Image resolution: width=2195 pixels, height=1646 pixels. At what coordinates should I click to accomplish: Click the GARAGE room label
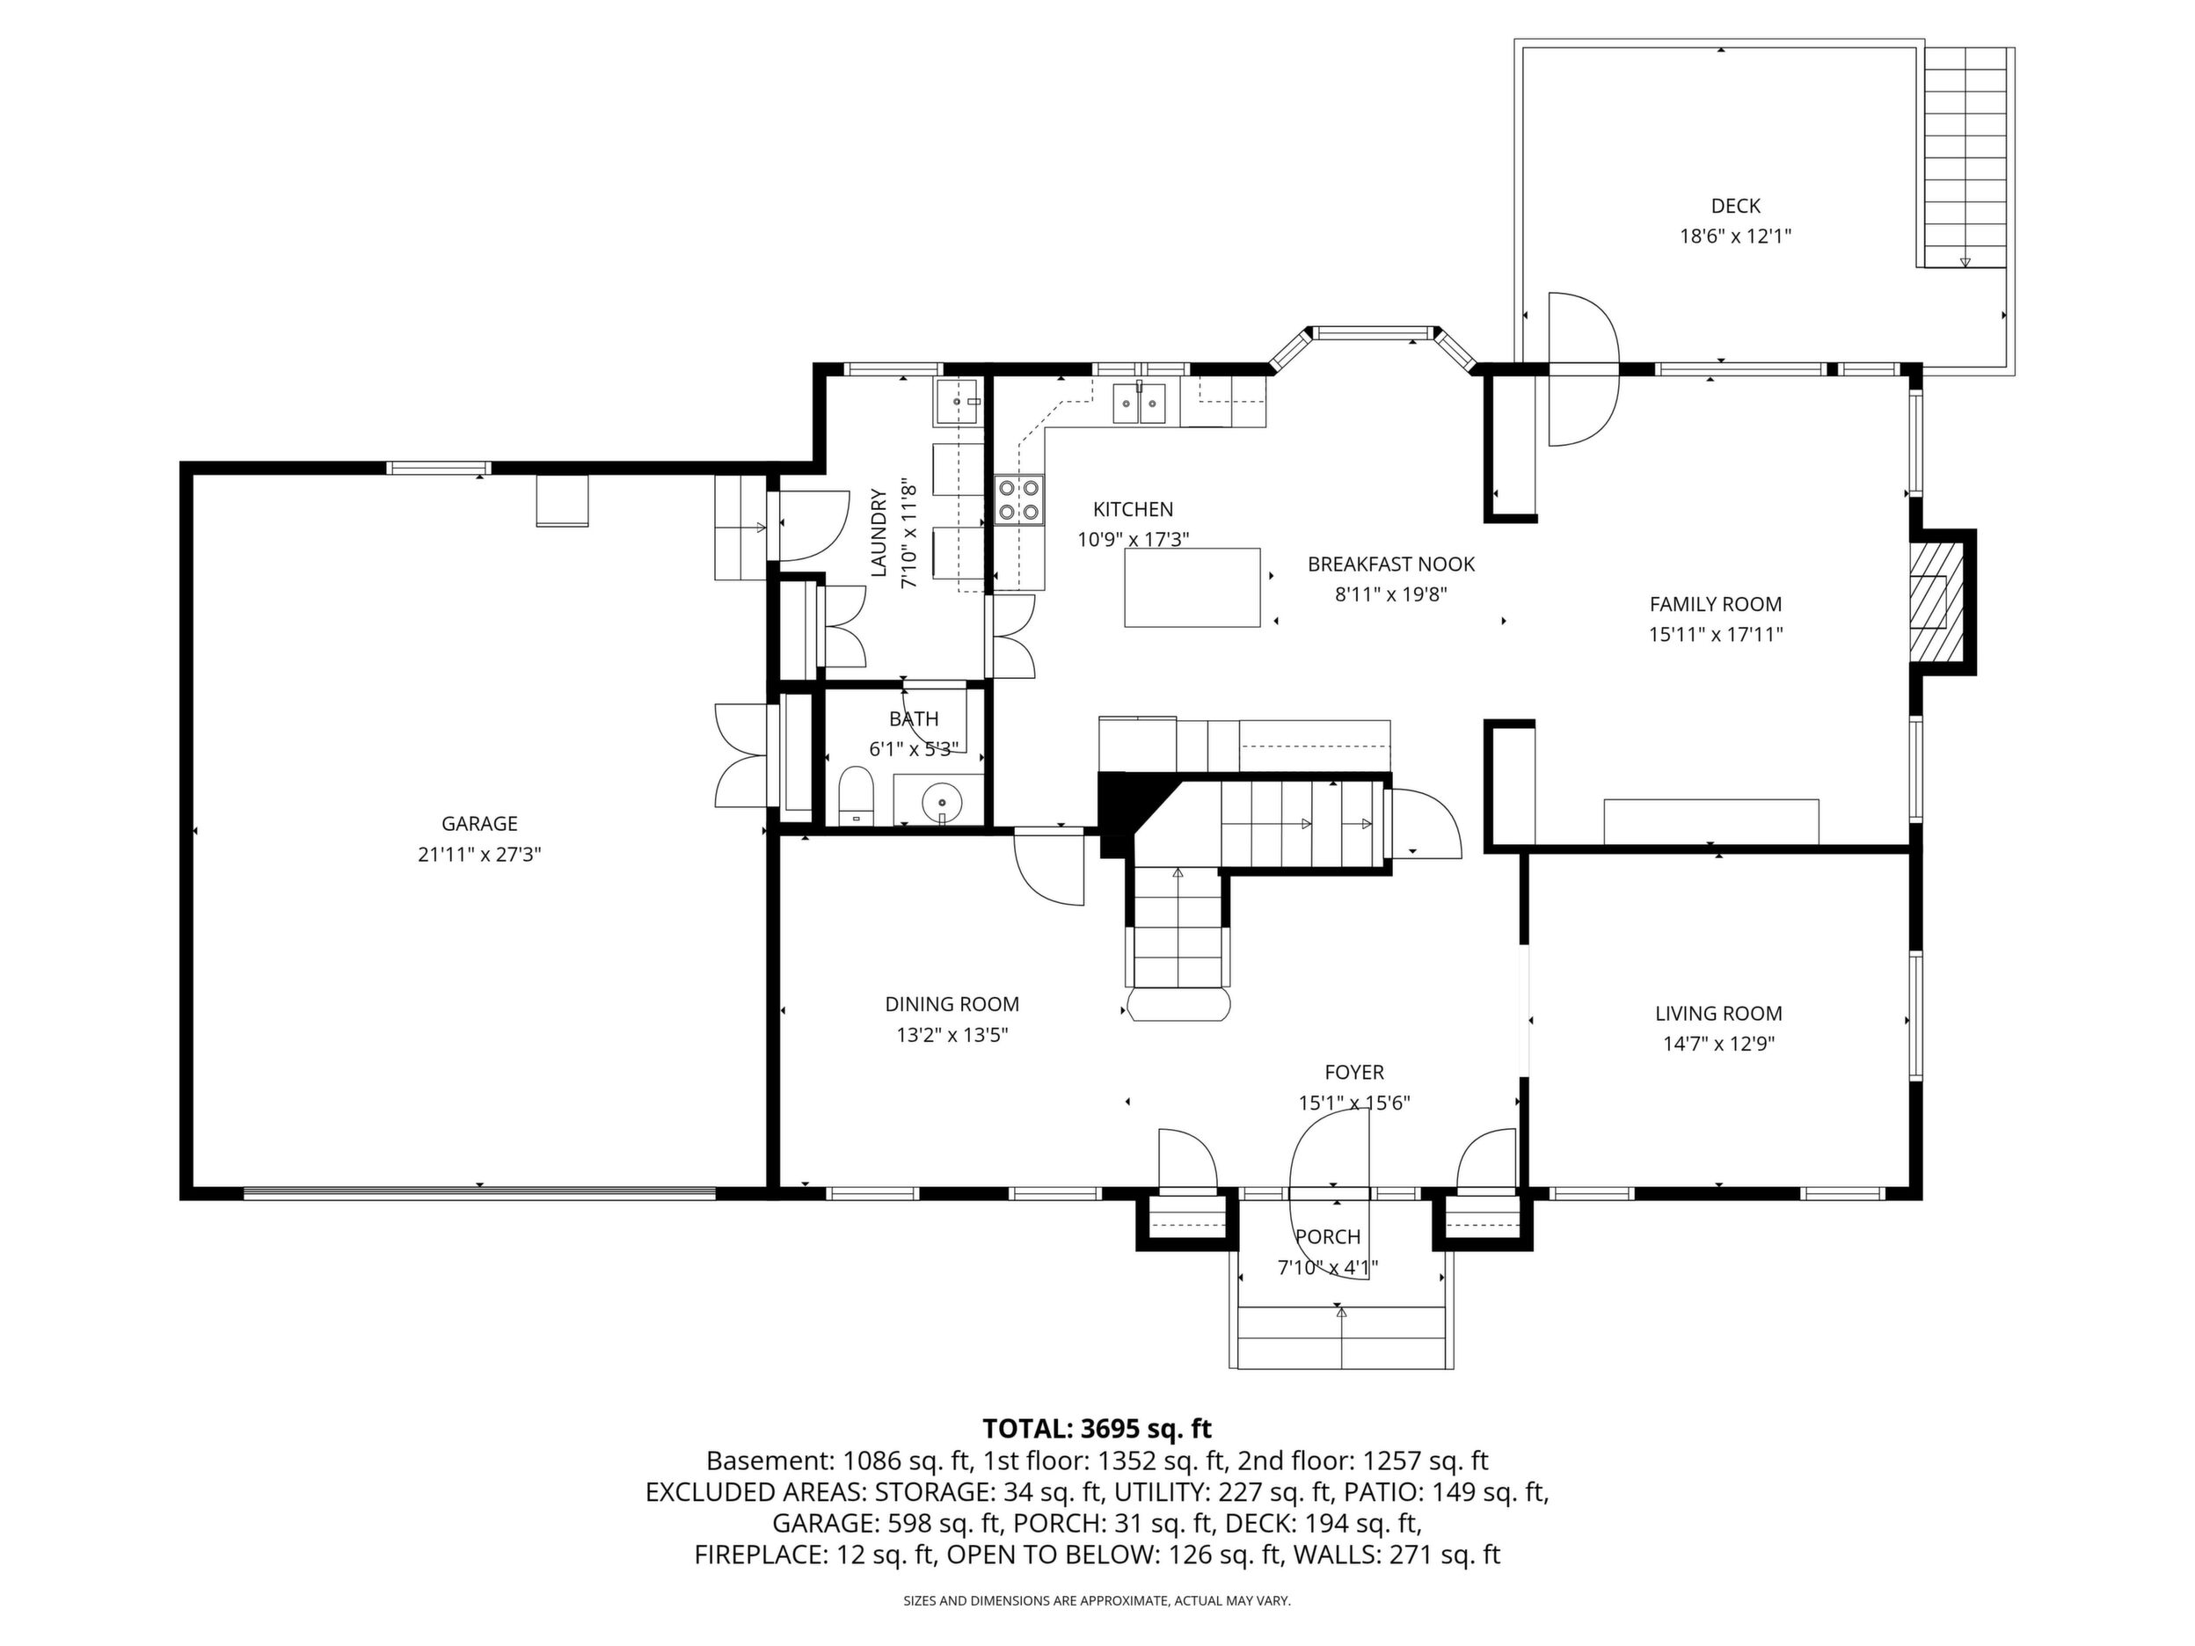coord(479,824)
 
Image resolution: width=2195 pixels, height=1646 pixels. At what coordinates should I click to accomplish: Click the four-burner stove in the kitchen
coord(1019,500)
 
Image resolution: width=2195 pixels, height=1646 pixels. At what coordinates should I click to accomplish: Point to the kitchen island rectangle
coord(1192,587)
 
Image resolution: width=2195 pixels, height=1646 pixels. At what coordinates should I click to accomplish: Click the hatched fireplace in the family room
coord(1937,602)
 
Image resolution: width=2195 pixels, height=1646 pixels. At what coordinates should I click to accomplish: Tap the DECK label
coord(1736,207)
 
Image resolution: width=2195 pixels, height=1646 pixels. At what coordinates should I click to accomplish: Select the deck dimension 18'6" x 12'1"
coord(1736,237)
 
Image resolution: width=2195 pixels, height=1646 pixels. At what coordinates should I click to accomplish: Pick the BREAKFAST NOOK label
coord(1391,564)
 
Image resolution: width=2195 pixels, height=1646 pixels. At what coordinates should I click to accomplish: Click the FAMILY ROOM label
coord(1716,604)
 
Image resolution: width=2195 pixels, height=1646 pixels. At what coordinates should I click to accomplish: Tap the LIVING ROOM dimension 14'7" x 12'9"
coord(1718,1044)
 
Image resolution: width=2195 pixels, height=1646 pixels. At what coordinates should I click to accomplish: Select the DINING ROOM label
coord(952,1004)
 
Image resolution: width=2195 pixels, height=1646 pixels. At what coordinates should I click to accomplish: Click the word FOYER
coord(1354,1073)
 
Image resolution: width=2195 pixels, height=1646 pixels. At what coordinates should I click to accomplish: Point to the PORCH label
coord(1328,1237)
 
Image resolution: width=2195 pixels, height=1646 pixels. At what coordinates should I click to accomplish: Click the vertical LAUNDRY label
coord(879,533)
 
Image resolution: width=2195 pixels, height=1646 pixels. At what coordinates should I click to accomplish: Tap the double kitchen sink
coord(1139,403)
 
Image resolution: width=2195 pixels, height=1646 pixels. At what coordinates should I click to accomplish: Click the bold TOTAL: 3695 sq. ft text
coord(1097,1429)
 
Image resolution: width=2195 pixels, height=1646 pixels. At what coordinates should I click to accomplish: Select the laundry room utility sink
coord(957,402)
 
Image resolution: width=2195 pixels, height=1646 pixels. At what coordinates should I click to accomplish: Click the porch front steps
coord(1342,1337)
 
